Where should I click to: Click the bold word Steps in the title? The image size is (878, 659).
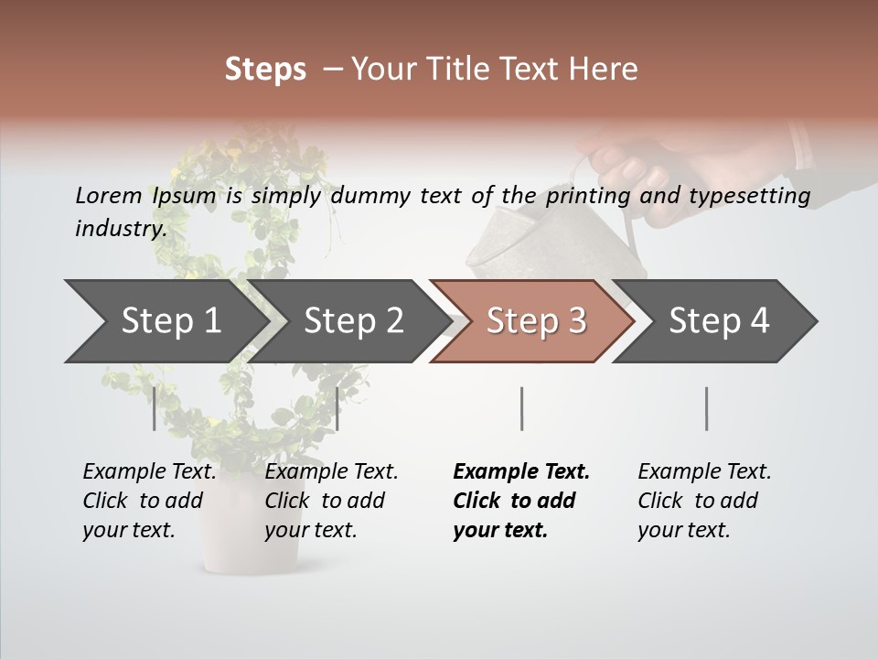(x=265, y=70)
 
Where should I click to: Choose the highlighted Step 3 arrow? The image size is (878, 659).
(x=536, y=320)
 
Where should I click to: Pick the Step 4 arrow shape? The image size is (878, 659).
(x=719, y=320)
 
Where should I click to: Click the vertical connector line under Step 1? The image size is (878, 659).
(x=155, y=408)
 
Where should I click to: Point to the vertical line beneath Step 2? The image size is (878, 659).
(x=337, y=408)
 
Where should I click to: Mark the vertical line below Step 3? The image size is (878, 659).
(x=521, y=408)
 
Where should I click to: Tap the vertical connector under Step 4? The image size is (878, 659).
(x=706, y=408)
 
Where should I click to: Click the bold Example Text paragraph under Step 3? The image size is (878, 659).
(x=521, y=501)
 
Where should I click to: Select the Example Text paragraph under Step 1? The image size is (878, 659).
(x=149, y=501)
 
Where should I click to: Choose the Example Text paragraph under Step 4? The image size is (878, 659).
(x=704, y=501)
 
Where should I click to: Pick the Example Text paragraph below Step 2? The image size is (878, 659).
(x=331, y=501)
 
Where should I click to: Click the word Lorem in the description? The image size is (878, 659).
(x=109, y=195)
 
